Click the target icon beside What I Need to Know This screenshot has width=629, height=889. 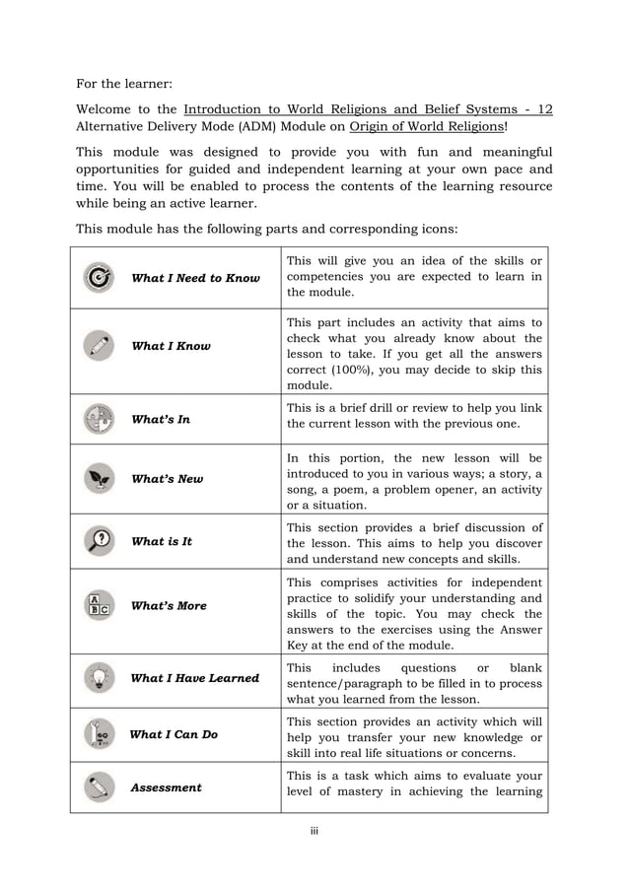tap(99, 278)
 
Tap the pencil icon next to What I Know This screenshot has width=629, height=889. tap(99, 346)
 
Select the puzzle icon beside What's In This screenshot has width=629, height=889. tap(99, 419)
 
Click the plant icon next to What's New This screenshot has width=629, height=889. tap(99, 478)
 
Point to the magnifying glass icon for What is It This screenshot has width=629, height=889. tap(99, 541)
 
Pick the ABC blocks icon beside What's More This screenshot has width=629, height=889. tap(99, 605)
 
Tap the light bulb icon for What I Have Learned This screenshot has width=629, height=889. tap(99, 677)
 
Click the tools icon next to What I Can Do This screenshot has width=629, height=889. tap(99, 734)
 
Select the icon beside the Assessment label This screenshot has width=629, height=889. tap(99, 786)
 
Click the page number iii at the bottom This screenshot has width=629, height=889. tap(314, 831)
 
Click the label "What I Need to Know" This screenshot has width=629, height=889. tap(195, 278)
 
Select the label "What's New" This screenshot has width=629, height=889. tap(167, 479)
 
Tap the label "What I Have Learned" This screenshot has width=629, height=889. tap(194, 678)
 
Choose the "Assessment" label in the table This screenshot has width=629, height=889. tap(166, 787)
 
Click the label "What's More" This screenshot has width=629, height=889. tap(169, 606)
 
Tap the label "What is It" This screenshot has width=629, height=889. tap(161, 542)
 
